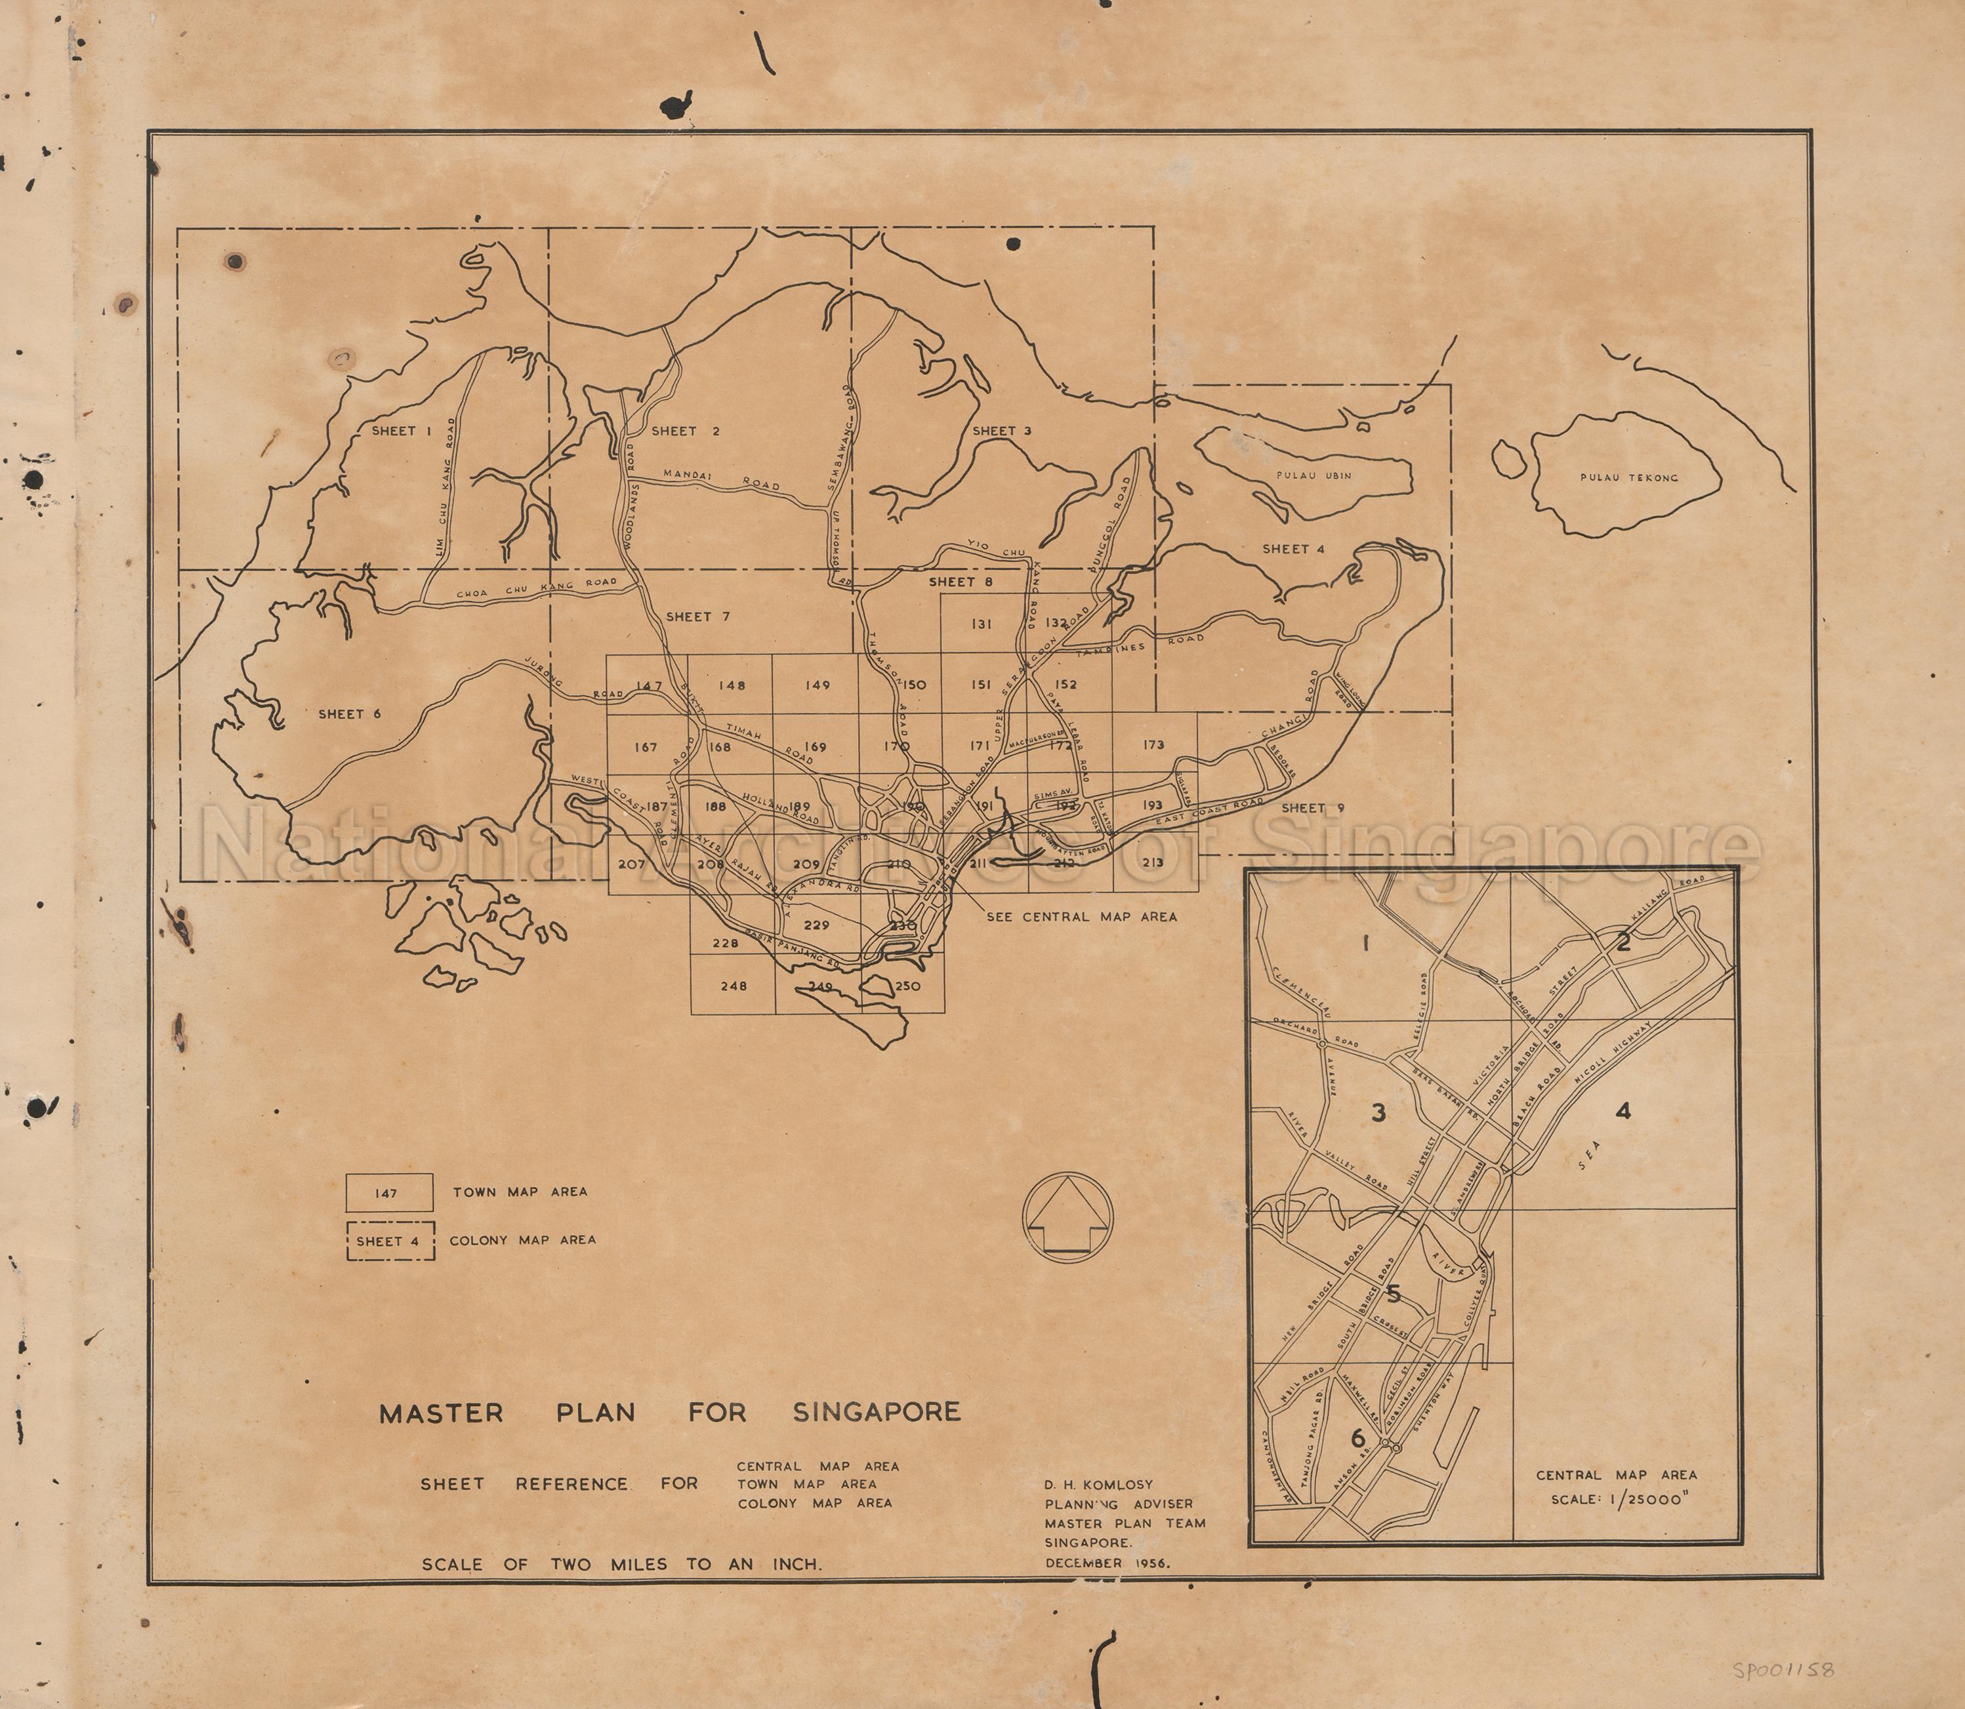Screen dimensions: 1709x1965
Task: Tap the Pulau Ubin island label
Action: tap(1313, 474)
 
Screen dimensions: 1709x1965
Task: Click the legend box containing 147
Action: tap(389, 1192)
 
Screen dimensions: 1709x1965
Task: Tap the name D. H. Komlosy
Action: tap(1099, 1485)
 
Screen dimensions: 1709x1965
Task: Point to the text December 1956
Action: tap(1107, 1563)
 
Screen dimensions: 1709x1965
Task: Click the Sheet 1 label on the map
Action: tap(402, 431)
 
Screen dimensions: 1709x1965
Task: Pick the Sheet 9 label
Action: tap(1313, 808)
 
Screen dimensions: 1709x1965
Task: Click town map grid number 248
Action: tap(733, 986)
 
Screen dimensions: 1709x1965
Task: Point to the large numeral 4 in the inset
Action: tap(1624, 1110)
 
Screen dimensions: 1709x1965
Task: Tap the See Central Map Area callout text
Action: tap(1082, 917)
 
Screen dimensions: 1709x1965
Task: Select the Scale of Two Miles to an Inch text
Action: tap(622, 1564)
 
